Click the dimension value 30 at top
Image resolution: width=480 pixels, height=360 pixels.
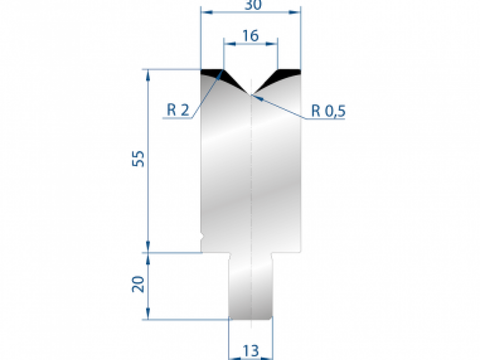[250, 5]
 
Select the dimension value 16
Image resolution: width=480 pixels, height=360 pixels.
[250, 36]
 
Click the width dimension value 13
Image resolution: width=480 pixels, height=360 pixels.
[250, 351]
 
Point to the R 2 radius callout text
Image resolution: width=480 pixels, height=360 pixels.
[178, 110]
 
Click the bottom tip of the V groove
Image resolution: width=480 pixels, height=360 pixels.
[250, 95]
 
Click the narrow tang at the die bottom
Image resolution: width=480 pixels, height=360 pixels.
[250, 286]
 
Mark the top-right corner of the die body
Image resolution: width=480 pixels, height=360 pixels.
[300, 70]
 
